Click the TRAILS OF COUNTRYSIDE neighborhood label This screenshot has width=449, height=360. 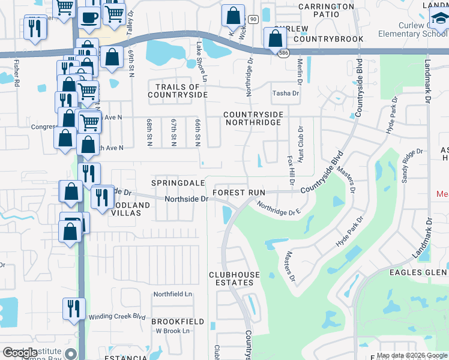coord(178,91)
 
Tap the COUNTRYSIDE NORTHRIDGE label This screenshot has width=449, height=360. coord(252,118)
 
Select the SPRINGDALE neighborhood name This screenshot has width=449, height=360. coord(178,182)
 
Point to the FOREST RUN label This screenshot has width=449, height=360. coord(239,193)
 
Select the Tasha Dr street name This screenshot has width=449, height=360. coord(285,94)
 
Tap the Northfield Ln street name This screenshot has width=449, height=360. coord(172,294)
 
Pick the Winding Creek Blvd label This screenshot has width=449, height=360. coord(117,317)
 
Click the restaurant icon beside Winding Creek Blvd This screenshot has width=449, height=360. coord(71,308)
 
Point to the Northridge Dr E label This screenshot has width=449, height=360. coord(277,209)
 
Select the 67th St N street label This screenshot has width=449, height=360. coord(173,131)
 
